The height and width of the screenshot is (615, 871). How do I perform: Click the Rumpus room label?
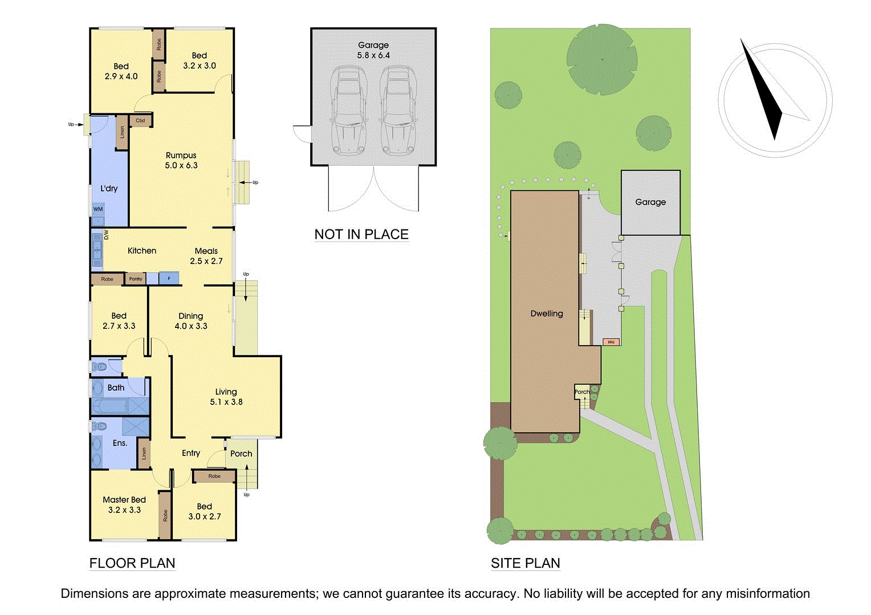(181, 155)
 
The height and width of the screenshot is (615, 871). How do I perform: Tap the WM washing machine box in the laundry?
(98, 209)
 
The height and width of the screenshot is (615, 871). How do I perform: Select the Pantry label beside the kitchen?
(136, 279)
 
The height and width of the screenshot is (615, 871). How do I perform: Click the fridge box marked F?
(169, 278)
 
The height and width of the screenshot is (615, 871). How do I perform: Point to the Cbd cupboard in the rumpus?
(140, 121)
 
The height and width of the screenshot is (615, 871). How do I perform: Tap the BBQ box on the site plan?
(611, 342)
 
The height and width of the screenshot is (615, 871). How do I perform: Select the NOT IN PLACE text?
(361, 235)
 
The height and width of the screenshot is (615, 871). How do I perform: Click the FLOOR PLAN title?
(132, 563)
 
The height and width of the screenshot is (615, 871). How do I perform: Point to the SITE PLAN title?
(525, 563)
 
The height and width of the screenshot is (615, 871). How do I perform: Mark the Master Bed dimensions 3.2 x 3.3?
(124, 510)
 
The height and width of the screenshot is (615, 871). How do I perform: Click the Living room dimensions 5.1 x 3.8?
(226, 402)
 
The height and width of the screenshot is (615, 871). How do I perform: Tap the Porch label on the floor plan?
(241, 454)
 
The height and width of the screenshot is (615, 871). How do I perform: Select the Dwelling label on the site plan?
(546, 314)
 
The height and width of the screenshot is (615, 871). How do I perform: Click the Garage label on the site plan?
(650, 202)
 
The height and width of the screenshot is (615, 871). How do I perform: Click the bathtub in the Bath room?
(111, 406)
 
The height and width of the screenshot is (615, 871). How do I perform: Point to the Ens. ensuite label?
(120, 443)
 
